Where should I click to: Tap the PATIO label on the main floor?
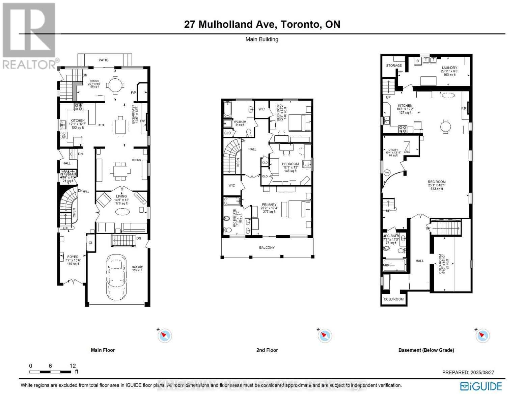[104, 60]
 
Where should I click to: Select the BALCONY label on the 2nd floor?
[267, 247]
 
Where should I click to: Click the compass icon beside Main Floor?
[165, 335]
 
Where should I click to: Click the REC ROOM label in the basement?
[437, 182]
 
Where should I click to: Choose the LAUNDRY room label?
[449, 68]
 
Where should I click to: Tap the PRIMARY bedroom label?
[269, 205]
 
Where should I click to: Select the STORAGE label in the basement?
[394, 65]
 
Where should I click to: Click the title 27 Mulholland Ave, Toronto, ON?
[262, 24]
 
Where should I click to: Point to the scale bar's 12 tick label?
[73, 366]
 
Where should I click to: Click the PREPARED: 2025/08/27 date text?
[468, 372]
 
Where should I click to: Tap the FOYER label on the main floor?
[73, 257]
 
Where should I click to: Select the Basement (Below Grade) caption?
[426, 350]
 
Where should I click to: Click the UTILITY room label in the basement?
[393, 150]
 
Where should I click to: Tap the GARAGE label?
[137, 267]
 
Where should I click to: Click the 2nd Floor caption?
[267, 350]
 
